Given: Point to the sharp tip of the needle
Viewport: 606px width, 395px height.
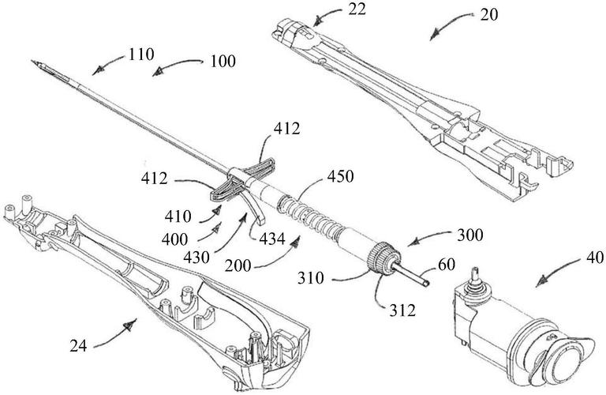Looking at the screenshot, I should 36,57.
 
